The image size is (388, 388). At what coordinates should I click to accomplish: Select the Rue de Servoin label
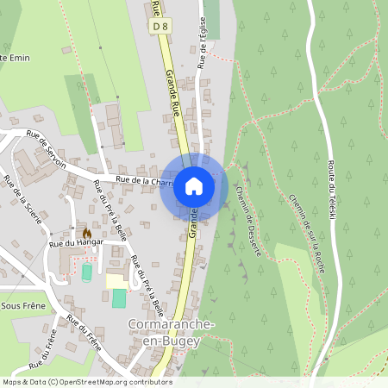(x=48, y=141)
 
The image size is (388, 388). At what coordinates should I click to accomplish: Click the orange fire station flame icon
(x=86, y=233)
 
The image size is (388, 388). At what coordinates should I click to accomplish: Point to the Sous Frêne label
(x=24, y=305)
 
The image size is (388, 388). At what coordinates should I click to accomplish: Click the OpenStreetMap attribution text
(x=86, y=382)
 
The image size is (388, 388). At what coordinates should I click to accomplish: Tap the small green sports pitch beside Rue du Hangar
(x=86, y=272)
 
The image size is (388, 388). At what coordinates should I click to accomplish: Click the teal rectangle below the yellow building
(x=118, y=298)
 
